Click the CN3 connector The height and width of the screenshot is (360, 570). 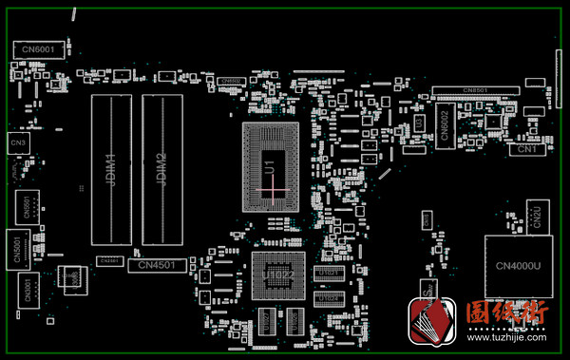(x=18, y=142)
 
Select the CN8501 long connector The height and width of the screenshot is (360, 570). (x=475, y=90)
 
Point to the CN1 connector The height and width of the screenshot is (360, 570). (x=527, y=149)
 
